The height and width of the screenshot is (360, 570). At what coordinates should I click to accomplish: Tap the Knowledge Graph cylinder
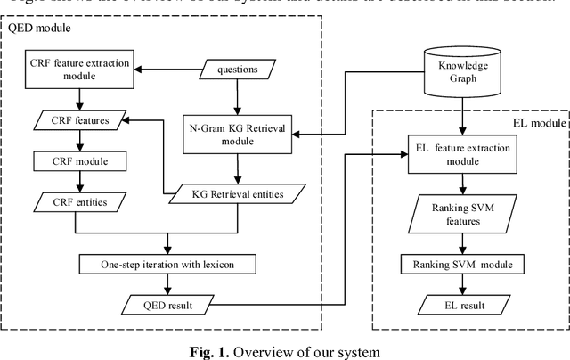(x=459, y=69)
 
